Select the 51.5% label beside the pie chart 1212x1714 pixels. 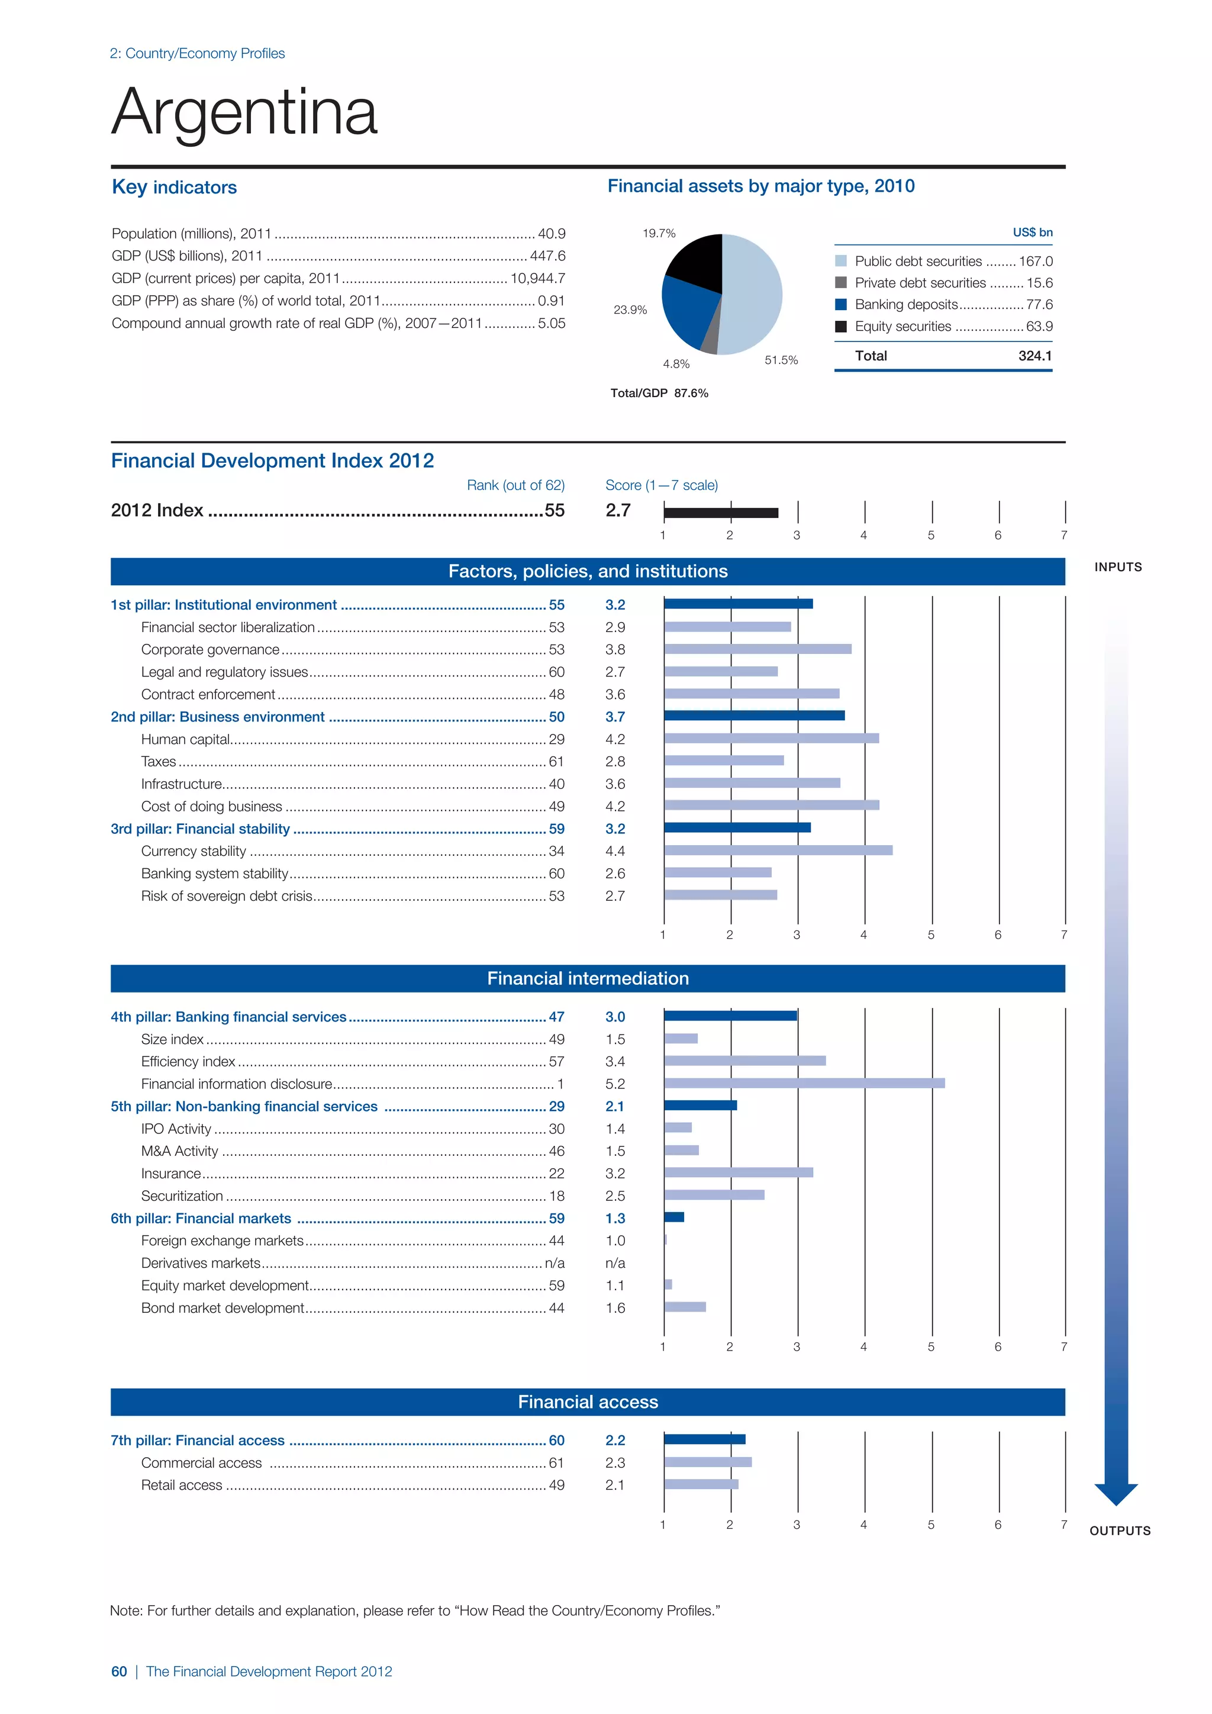pyautogui.click(x=781, y=360)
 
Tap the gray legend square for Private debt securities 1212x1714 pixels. pyautogui.click(x=841, y=283)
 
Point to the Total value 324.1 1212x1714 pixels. pyautogui.click(x=1034, y=356)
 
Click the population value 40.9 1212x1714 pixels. pyautogui.click(x=552, y=234)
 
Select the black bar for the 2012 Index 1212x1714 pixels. pyautogui.click(x=721, y=512)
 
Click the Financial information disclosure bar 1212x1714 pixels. pyautogui.click(x=804, y=1083)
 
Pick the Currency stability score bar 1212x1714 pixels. pyautogui.click(x=778, y=850)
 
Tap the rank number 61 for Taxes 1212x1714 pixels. pyautogui.click(x=557, y=762)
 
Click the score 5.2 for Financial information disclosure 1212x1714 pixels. pyautogui.click(x=615, y=1084)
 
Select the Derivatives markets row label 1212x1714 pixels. pyautogui.click(x=201, y=1263)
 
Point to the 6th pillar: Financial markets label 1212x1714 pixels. pyautogui.click(x=201, y=1218)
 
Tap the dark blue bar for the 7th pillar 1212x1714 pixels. pyautogui.click(x=704, y=1439)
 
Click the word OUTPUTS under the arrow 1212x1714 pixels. pyautogui.click(x=1120, y=1531)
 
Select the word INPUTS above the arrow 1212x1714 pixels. pyautogui.click(x=1118, y=568)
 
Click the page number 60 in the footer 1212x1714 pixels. pyautogui.click(x=119, y=1671)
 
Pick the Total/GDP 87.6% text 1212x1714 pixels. pyautogui.click(x=659, y=394)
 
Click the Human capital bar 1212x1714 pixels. pyautogui.click(x=771, y=738)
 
